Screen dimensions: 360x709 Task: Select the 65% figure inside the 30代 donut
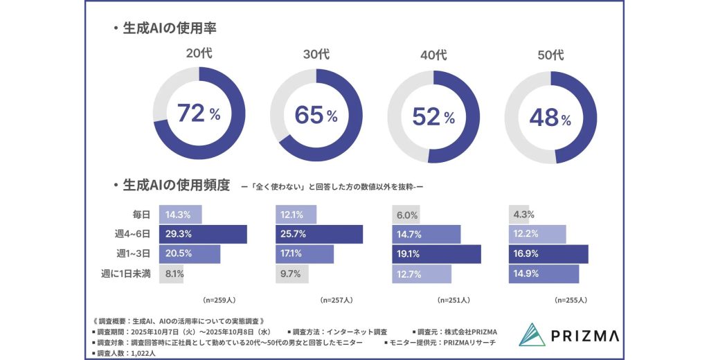click(x=316, y=115)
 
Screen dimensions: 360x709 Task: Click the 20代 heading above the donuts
click(x=199, y=53)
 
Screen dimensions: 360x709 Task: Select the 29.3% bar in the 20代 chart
click(x=203, y=234)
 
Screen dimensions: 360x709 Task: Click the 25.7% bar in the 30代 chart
click(x=319, y=234)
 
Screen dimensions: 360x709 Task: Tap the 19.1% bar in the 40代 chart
click(x=436, y=254)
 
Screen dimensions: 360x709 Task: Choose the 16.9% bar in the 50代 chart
click(x=548, y=254)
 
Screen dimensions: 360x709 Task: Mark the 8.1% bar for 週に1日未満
click(x=172, y=273)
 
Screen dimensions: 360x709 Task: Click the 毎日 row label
click(x=143, y=215)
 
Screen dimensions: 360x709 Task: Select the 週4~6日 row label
click(x=134, y=234)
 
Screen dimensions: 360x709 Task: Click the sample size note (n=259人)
click(x=219, y=300)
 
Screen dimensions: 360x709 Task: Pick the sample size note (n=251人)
click(x=454, y=300)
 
